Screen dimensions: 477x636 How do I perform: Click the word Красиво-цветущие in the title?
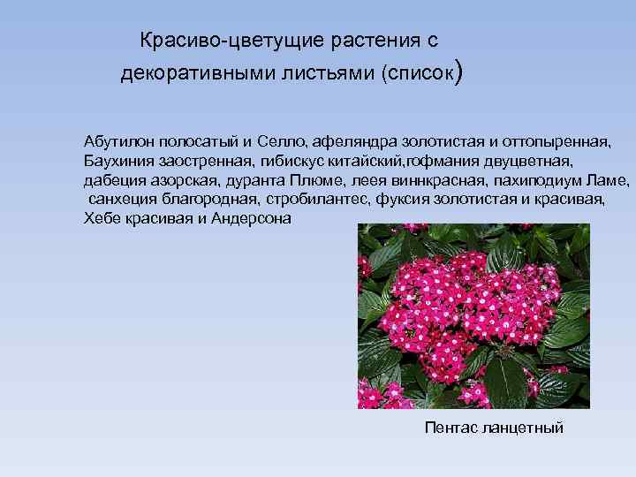tap(202, 41)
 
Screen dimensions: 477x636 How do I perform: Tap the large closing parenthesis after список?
tap(456, 72)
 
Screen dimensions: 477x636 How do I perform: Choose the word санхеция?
tap(123, 199)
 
